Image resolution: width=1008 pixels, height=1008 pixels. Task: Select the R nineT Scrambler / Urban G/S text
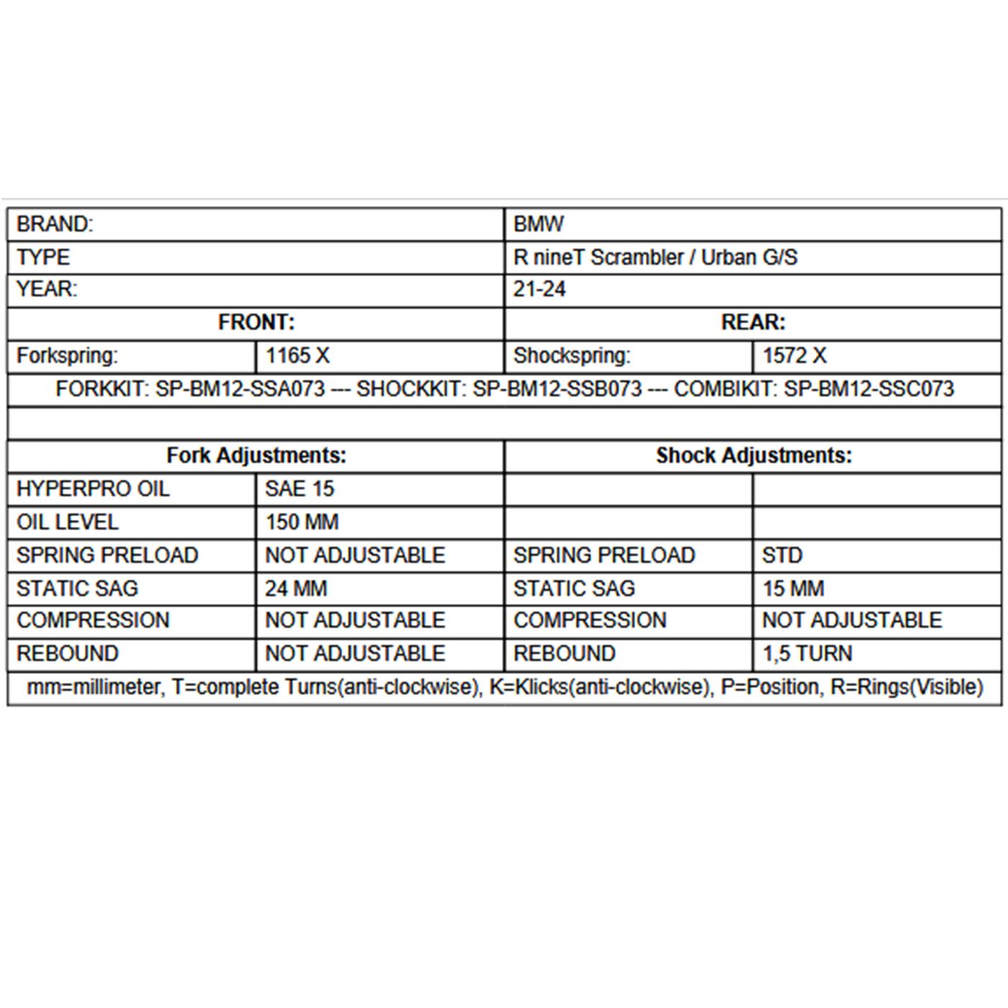point(655,258)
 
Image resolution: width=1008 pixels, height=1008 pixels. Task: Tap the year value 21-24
point(539,289)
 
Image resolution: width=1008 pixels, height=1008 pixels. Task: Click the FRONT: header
point(256,323)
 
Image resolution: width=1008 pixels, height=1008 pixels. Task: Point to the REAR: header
point(753,323)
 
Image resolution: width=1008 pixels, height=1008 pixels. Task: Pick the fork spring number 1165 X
point(297,356)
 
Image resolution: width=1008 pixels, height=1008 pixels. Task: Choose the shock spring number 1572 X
point(795,356)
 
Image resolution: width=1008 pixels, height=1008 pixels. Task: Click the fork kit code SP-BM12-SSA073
point(240,390)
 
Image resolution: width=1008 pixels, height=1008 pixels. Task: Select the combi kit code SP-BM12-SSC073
point(868,390)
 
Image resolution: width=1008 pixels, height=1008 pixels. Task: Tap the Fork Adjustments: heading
point(256,456)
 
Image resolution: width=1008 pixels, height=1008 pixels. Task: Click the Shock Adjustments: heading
point(754,456)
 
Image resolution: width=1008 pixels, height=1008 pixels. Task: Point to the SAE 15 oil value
point(300,489)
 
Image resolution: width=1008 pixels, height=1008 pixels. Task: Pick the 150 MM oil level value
point(302,522)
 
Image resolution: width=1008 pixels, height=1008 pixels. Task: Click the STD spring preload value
point(782,556)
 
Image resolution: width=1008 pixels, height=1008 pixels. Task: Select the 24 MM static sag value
point(296,589)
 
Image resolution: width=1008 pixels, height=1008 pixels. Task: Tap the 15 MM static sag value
point(793,589)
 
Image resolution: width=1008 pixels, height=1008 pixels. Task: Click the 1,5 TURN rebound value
point(807,654)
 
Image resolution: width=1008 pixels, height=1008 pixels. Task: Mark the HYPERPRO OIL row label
point(93,489)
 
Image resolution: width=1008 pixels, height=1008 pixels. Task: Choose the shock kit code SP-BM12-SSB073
point(557,390)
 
